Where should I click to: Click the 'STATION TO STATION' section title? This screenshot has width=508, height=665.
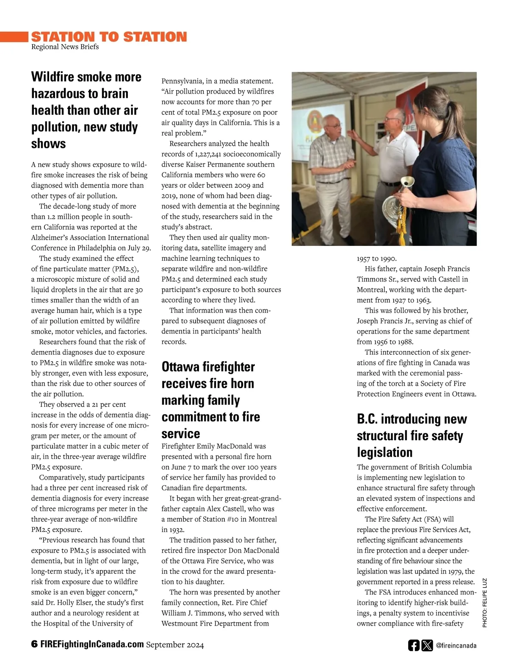click(x=109, y=37)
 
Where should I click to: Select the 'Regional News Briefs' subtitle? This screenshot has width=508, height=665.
click(x=65, y=47)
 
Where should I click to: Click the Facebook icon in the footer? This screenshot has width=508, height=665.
click(x=414, y=646)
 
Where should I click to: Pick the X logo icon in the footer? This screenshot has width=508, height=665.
click(x=427, y=646)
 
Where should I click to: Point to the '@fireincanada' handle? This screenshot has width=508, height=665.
click(x=456, y=646)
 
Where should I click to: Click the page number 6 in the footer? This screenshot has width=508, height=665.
click(x=34, y=645)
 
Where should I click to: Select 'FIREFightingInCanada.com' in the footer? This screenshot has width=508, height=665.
click(x=92, y=645)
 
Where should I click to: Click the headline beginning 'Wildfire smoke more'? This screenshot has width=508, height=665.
click(x=86, y=110)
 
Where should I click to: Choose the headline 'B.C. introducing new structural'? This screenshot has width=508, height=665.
click(x=411, y=435)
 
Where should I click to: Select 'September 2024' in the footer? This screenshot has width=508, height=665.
click(x=175, y=645)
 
